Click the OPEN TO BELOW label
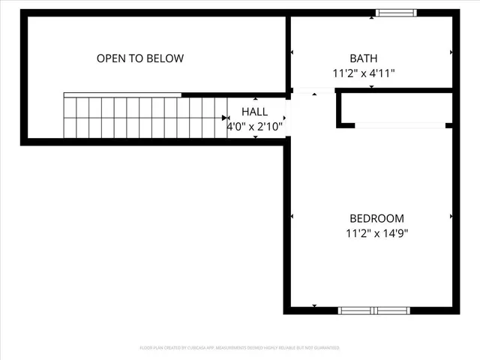140,58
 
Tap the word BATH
364,58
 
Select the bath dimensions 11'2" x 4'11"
364,73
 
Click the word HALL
253,112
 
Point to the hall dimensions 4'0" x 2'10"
255,127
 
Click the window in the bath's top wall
395,13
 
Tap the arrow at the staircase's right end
226,118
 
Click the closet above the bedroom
396,109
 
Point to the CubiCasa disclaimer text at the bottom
240,348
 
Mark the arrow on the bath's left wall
292,52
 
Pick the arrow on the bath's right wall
451,52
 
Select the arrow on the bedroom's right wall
451,217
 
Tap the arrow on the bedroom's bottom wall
314,305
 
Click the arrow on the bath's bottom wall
372,88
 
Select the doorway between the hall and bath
313,92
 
